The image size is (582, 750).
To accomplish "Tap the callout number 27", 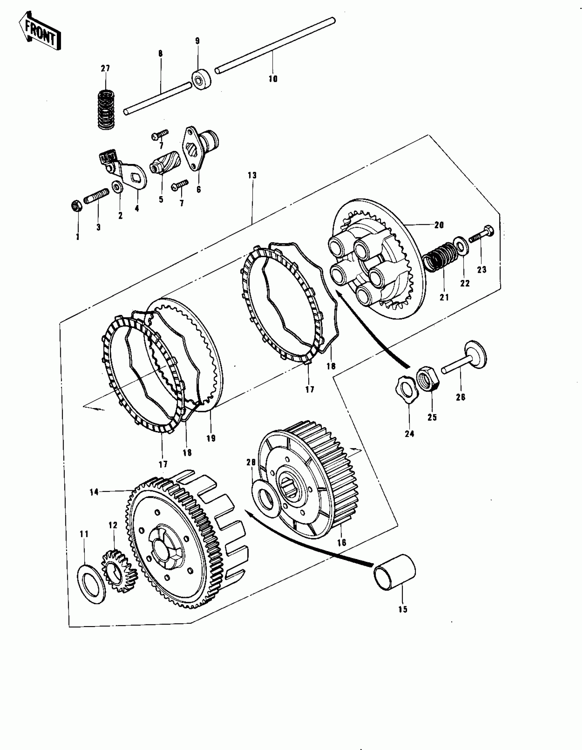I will pyautogui.click(x=105, y=68).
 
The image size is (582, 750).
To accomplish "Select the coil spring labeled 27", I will pyautogui.click(x=106, y=109).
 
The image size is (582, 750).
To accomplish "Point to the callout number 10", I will pyautogui.click(x=273, y=79).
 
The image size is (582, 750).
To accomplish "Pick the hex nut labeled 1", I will pyautogui.click(x=76, y=206).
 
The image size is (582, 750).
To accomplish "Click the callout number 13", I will pyautogui.click(x=252, y=176).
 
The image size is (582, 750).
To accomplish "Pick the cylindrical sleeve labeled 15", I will pyautogui.click(x=394, y=572).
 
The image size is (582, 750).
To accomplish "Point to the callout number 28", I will pyautogui.click(x=251, y=462).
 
